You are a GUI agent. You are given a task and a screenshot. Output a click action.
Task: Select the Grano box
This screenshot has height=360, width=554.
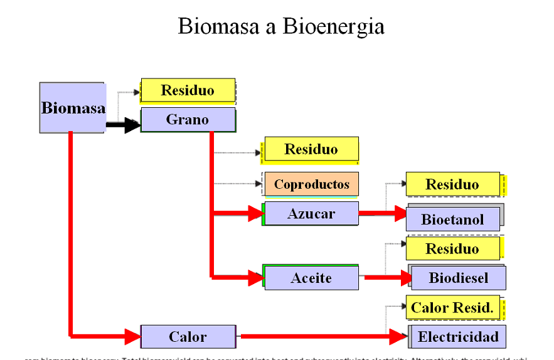coord(188,119)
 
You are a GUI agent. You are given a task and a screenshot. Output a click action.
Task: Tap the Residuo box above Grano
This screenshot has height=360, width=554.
coord(188,90)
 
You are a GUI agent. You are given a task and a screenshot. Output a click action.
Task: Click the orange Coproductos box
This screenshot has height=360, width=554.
coord(311,184)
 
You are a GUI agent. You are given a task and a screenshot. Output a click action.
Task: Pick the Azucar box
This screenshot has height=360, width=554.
coord(311,214)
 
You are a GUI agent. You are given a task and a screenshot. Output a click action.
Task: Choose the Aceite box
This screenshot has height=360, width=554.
coord(311,278)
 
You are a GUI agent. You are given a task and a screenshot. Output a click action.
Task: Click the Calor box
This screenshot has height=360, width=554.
coord(188,337)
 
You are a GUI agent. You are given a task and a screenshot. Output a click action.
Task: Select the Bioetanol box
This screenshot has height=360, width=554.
coord(452,219)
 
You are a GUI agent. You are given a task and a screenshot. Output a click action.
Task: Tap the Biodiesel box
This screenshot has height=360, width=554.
coord(458,277)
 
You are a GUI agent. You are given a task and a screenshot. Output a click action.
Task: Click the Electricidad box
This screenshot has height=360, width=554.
coord(458,337)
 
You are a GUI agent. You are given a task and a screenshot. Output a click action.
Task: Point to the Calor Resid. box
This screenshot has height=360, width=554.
coord(452,307)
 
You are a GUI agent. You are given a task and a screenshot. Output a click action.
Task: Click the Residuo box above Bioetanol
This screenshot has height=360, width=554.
coord(452,184)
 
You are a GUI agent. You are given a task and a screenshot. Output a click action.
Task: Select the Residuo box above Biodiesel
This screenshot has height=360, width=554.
coord(452,248)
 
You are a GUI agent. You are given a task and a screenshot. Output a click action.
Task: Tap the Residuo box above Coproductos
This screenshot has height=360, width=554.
coord(311,149)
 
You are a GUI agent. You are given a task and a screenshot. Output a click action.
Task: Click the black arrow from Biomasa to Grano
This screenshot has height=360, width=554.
coord(123,125)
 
